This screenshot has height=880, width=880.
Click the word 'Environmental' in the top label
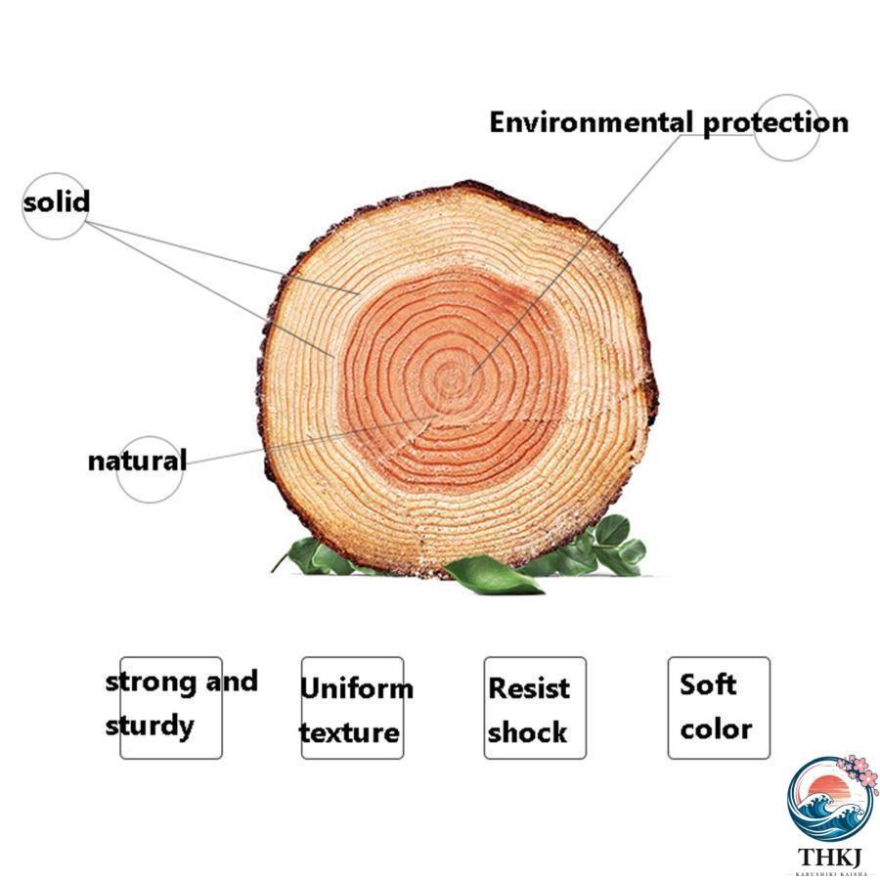tap(591, 122)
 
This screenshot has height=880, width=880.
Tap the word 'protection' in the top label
tap(775, 123)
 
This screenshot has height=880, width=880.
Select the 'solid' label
tap(56, 201)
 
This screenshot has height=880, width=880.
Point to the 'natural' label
tap(137, 461)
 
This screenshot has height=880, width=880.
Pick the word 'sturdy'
tap(150, 726)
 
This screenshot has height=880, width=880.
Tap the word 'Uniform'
tap(356, 688)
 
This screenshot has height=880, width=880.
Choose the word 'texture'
tap(349, 732)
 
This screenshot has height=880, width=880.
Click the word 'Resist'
tap(529, 688)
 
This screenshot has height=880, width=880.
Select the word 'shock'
tap(527, 731)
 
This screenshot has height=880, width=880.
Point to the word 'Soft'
tap(708, 684)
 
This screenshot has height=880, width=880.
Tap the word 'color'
tap(716, 729)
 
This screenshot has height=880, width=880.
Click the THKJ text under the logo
tap(829, 858)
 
